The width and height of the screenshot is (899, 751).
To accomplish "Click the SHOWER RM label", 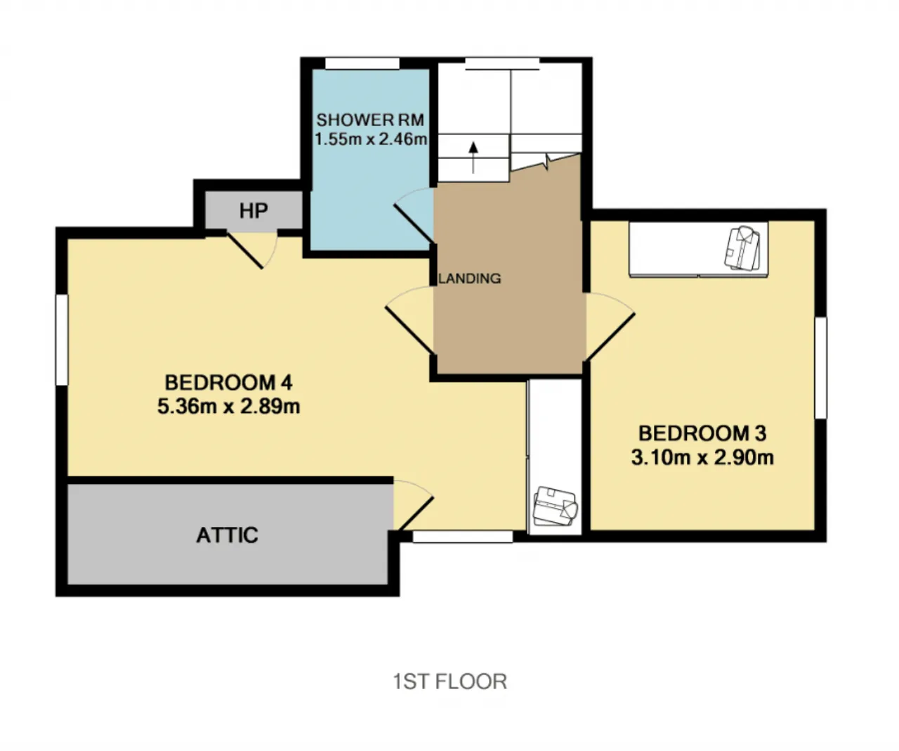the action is (x=370, y=119).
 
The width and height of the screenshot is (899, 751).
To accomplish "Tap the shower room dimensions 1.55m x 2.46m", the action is (x=371, y=139).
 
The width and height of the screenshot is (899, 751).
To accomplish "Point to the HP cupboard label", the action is (x=254, y=211).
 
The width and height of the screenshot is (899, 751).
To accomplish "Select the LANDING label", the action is (x=470, y=279).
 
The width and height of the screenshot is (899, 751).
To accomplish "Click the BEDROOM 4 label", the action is (x=229, y=383).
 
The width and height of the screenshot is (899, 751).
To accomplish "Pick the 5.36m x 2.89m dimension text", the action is (x=229, y=406).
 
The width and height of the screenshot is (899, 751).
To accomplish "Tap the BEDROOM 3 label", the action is (x=702, y=433).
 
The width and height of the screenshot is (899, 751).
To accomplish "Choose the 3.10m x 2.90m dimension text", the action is (x=702, y=457).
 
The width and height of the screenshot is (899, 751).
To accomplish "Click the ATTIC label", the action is (x=228, y=535).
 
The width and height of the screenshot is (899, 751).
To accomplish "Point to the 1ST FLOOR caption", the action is (x=450, y=681).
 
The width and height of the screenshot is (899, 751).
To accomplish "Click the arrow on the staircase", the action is (x=473, y=157).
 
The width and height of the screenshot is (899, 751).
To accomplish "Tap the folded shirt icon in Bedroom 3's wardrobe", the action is (x=742, y=248).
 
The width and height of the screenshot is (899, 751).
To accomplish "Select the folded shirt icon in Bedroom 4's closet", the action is (x=555, y=506).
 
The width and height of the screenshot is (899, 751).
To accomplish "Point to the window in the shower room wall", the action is (x=362, y=63).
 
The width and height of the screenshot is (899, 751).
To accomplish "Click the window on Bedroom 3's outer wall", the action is (x=820, y=367).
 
